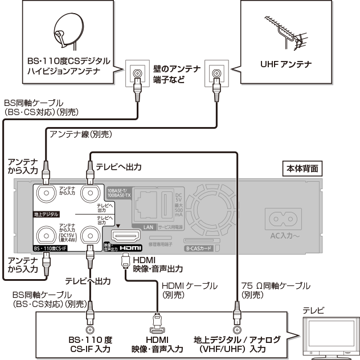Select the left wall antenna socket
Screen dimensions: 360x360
coord(137,72)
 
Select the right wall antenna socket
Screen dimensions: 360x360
coord(216,72)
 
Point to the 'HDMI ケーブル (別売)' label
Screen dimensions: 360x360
coord(182,290)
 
